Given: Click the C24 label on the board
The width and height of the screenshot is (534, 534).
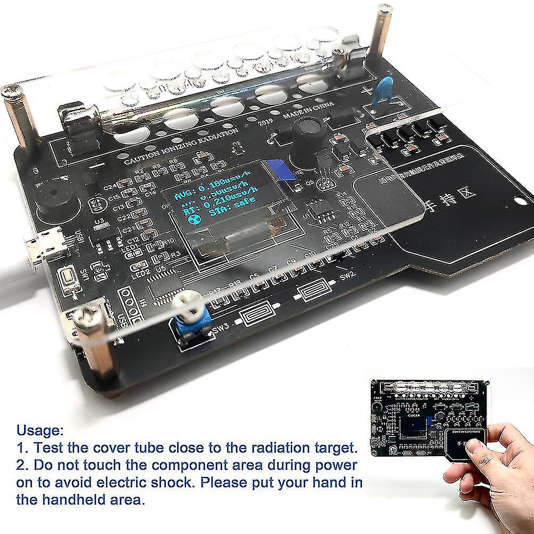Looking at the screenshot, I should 110,187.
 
